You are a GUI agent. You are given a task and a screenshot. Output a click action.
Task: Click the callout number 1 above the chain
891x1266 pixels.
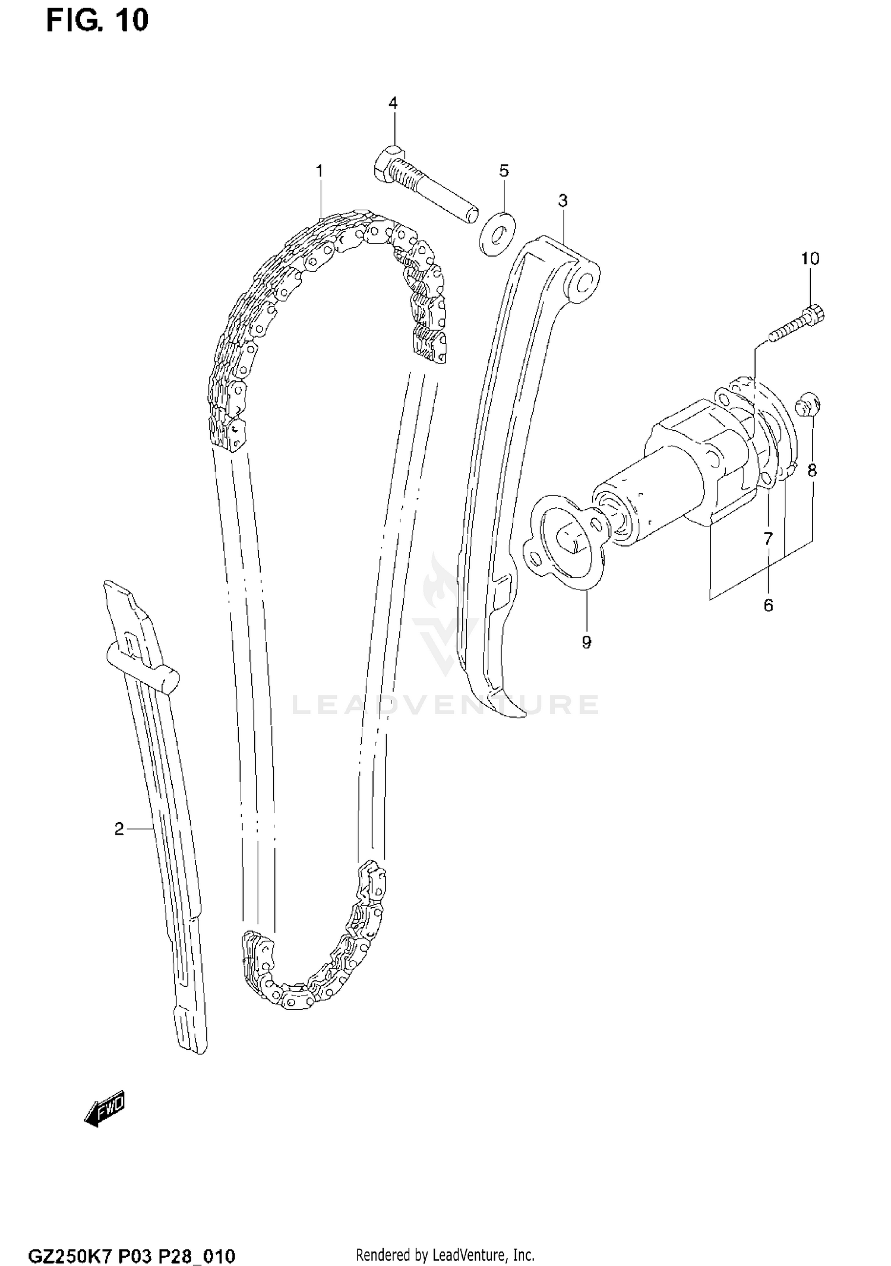pyautogui.click(x=320, y=172)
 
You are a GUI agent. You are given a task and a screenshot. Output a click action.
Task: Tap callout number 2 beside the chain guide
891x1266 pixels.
pyautogui.click(x=119, y=829)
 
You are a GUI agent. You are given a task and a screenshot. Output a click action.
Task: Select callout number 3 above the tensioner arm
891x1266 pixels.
pyautogui.click(x=563, y=201)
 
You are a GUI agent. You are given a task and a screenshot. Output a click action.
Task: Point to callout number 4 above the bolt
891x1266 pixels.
pyautogui.click(x=393, y=103)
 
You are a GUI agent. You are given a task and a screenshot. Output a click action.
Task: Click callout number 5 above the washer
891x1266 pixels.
pyautogui.click(x=504, y=171)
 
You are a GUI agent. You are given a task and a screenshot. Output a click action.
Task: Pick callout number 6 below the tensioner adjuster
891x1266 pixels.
pyautogui.click(x=768, y=605)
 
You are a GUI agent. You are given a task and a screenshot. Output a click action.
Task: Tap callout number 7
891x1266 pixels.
pyautogui.click(x=768, y=539)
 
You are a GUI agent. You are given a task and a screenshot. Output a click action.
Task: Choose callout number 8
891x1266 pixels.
pyautogui.click(x=812, y=471)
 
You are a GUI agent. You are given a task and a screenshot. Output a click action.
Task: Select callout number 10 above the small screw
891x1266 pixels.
pyautogui.click(x=810, y=258)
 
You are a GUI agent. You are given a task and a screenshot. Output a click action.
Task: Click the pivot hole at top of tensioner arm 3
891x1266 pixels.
pyautogui.click(x=585, y=282)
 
